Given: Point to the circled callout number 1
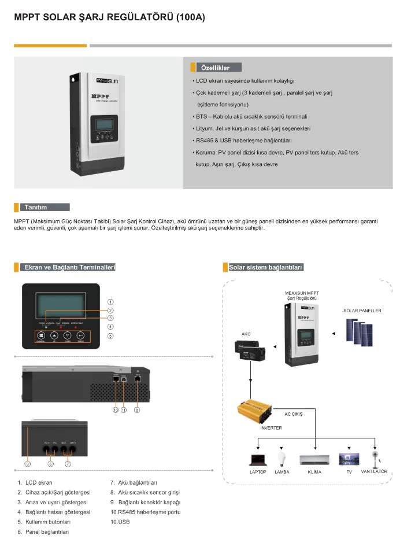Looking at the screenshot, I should click(110, 301).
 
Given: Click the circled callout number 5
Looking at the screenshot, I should click(110, 335).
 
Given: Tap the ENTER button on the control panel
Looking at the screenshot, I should click(81, 335).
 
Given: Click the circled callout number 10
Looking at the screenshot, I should click(116, 410).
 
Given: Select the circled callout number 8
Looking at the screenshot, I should click(137, 410).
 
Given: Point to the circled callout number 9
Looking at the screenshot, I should click(27, 463).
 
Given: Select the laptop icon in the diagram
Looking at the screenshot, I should click(257, 459).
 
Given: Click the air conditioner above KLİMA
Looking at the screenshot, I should click(314, 460).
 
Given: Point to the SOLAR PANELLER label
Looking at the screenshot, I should click(362, 311).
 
